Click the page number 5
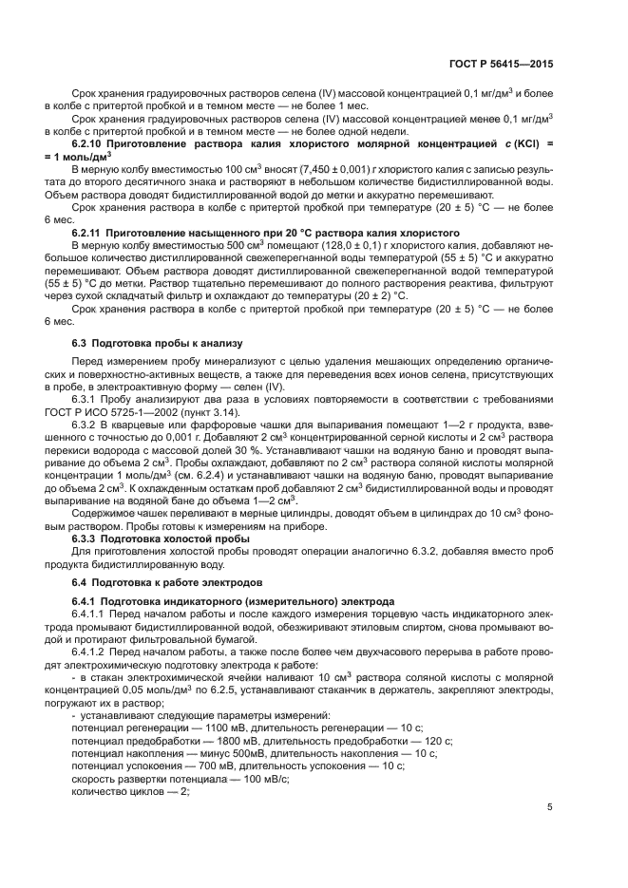(x=550, y=807)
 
